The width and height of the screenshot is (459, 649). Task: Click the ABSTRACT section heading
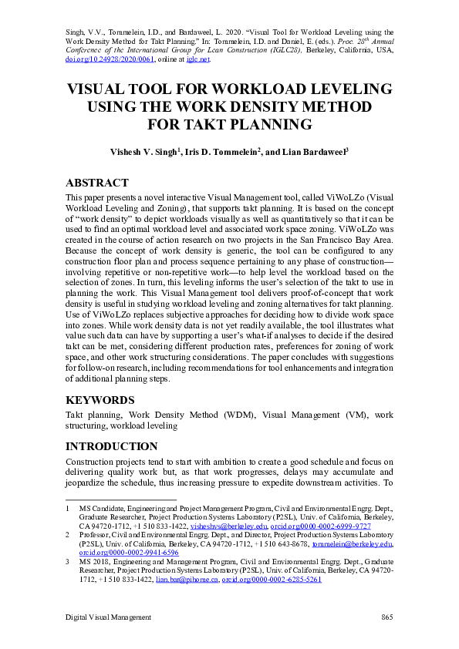pos(97,183)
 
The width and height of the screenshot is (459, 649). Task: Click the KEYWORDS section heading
pos(101,400)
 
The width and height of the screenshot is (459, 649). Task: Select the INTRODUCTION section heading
pos(113,446)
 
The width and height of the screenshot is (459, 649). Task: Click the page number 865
pos(387,617)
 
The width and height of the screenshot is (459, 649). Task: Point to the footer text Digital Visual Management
pos(108,617)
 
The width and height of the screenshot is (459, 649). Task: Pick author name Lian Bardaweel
pos(316,153)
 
